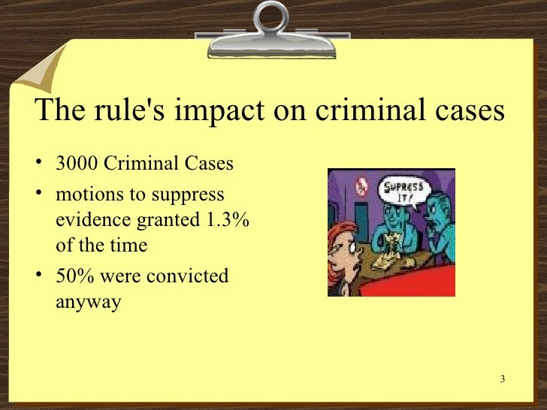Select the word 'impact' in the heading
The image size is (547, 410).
[x=213, y=110]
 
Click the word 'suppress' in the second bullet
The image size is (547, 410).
[x=188, y=194]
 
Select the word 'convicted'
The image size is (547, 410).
[x=187, y=276]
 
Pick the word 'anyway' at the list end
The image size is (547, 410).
[x=88, y=302]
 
